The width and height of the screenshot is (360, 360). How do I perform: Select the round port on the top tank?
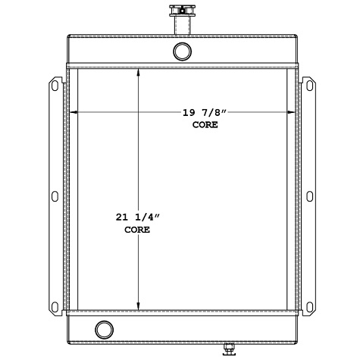183,51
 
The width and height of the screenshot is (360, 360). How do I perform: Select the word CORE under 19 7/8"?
205,124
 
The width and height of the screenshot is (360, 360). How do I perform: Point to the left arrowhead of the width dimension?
72,113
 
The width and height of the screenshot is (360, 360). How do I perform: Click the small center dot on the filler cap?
182,9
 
